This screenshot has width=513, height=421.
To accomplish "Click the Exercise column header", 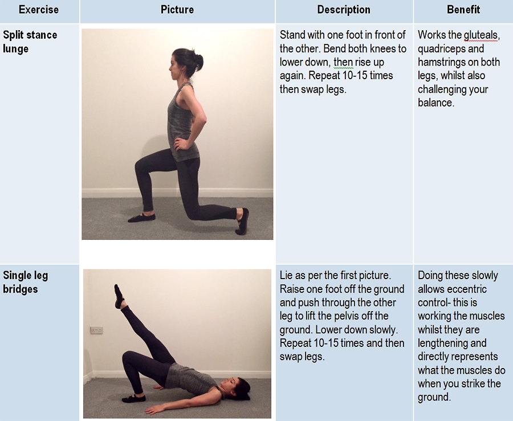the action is (39, 10).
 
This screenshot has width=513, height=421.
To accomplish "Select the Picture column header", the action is (177, 10).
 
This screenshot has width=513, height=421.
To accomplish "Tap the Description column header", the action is (344, 10).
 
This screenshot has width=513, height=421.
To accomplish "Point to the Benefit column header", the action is (463, 10).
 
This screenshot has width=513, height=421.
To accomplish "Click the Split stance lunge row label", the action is (30, 42).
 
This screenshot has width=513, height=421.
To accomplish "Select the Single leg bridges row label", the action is (26, 282).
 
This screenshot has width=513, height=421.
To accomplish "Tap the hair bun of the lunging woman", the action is (198, 62).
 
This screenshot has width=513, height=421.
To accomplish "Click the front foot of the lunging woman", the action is (141, 218).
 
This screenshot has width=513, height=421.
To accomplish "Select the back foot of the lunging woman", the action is (242, 221).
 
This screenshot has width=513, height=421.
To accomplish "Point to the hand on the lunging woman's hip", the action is (180, 143).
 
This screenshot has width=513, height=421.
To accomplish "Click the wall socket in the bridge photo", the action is (96, 330).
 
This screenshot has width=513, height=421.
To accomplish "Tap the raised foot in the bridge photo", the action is (119, 296).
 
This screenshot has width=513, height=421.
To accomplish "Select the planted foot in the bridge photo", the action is (133, 398).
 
